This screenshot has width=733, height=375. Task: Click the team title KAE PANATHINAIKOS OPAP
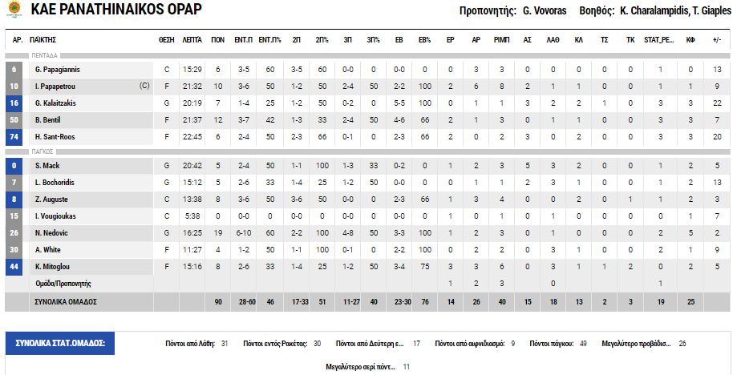116,10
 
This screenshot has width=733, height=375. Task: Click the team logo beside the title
14,10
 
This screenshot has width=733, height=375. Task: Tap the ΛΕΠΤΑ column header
192,39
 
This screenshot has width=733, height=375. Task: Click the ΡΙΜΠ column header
501,39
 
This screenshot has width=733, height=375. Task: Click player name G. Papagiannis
58,70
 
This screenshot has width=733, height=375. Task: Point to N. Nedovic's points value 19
217,233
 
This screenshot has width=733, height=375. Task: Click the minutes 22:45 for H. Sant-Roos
192,137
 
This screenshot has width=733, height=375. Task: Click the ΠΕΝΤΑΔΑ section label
45,56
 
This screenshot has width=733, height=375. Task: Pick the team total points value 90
217,302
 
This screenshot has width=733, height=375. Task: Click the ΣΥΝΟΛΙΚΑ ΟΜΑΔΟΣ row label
65,302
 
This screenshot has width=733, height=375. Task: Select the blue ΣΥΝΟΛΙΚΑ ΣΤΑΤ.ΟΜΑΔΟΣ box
61,343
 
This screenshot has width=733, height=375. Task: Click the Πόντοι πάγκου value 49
583,343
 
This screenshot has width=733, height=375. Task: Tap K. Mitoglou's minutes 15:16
192,267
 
